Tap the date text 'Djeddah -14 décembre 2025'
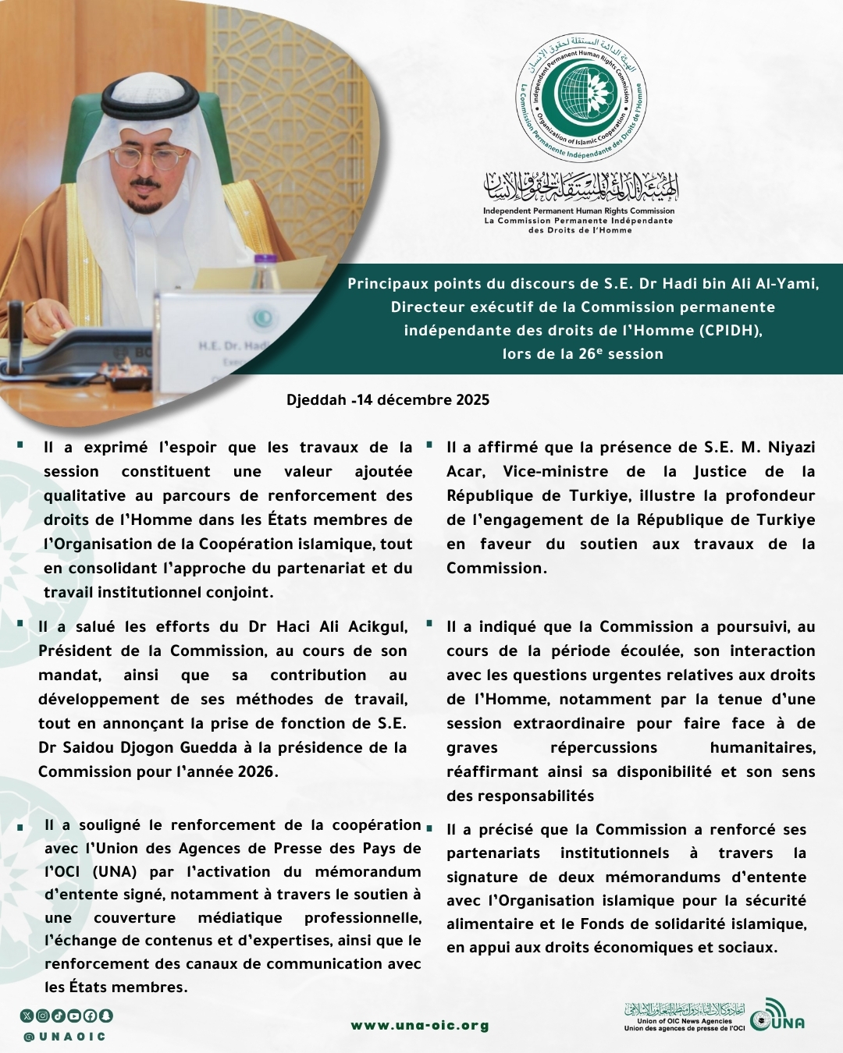pos(388,400)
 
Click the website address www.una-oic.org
pos(420,1025)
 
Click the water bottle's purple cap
pos(265,260)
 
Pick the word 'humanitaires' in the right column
pos(762,748)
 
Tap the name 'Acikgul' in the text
pos(378,627)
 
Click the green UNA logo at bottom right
pos(777,1016)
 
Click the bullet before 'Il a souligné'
pos(21,827)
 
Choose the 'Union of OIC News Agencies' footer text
pos(685,1021)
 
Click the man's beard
pos(145,204)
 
